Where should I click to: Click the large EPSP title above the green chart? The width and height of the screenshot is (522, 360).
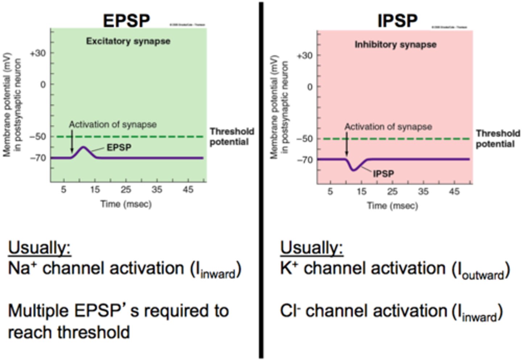[126, 20]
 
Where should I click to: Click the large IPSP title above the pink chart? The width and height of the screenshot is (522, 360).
[397, 20]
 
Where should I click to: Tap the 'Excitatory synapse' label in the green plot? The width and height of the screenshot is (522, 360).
[128, 41]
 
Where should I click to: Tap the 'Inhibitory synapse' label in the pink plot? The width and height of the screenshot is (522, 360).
[395, 45]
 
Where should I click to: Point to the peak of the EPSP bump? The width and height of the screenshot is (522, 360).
[84, 147]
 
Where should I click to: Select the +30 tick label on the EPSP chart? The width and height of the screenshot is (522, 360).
[38, 53]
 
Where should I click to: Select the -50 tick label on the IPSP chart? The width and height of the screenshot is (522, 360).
[304, 139]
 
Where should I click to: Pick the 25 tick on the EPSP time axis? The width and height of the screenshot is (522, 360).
[126, 190]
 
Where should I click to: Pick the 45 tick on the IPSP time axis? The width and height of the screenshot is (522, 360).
[454, 191]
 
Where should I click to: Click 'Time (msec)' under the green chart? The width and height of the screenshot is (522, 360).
[126, 204]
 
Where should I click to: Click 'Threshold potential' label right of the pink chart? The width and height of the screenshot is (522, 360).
[497, 139]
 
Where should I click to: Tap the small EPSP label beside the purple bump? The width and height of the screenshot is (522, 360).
[119, 148]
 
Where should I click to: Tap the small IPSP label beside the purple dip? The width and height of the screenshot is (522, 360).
[383, 174]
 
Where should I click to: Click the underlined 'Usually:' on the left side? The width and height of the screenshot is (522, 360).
[40, 248]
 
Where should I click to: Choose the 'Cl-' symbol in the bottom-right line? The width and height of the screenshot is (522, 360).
[290, 311]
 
